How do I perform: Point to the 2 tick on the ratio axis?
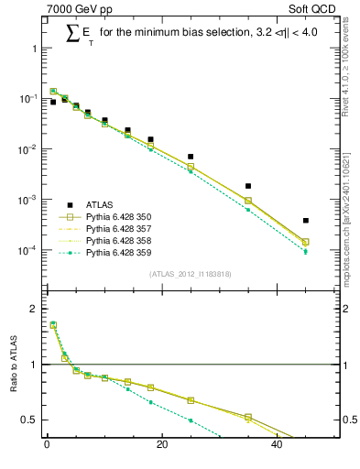tap(32, 309)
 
